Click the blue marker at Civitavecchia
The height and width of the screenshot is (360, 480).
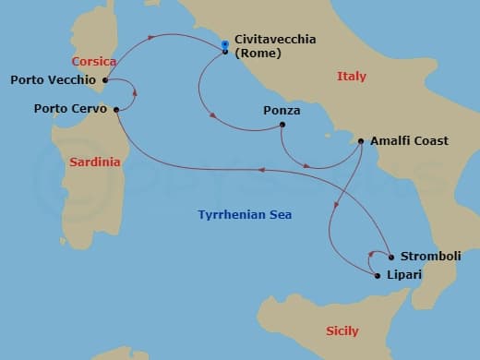point(225,43)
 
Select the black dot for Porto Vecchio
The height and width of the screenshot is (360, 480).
point(106,80)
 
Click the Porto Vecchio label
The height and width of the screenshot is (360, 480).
point(53,80)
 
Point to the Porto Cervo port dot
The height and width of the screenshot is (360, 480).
point(116,109)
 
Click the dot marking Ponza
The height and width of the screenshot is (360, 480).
point(282,125)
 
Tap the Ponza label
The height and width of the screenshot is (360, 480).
point(282,111)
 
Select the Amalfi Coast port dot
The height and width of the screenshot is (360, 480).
point(361,142)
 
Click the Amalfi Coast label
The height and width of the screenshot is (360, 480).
point(409,141)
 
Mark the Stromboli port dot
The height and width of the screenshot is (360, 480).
point(391,257)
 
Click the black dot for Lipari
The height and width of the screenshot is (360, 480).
point(378,275)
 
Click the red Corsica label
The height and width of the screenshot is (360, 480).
point(94,62)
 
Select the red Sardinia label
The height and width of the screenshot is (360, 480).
point(94,162)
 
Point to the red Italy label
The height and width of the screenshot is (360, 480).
point(352,77)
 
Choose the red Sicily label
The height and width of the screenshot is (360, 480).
point(342,330)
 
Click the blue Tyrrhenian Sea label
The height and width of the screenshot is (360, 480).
point(245,215)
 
